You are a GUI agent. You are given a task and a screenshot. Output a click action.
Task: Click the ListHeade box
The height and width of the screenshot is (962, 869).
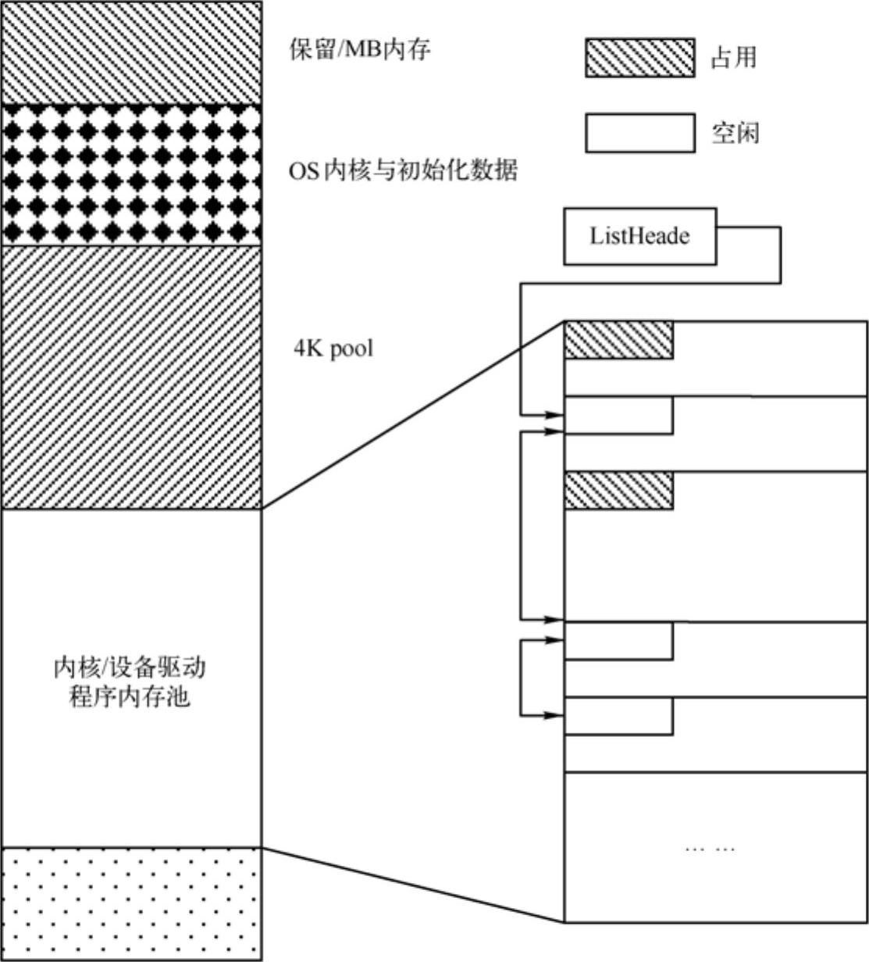pyautogui.click(x=639, y=235)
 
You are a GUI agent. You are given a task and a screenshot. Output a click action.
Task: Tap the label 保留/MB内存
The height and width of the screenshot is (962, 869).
pyautogui.click(x=359, y=50)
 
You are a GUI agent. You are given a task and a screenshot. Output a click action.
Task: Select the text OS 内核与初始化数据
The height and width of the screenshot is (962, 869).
pyautogui.click(x=403, y=170)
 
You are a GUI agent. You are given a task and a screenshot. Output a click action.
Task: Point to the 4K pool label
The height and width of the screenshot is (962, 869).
pyautogui.click(x=333, y=348)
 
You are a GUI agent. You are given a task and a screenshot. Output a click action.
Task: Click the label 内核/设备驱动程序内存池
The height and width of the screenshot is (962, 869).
pyautogui.click(x=130, y=682)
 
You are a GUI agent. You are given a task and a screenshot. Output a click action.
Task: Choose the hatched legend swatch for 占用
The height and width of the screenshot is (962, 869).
pyautogui.click(x=639, y=57)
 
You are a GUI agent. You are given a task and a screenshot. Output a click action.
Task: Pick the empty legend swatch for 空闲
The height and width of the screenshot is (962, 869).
pyautogui.click(x=639, y=133)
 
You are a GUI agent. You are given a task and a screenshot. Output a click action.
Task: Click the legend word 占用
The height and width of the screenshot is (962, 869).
pyautogui.click(x=733, y=57)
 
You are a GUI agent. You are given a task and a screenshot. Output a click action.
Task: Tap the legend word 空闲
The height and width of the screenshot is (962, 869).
pyautogui.click(x=735, y=133)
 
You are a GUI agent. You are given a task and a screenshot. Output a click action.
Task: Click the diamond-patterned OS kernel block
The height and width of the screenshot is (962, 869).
pyautogui.click(x=130, y=175)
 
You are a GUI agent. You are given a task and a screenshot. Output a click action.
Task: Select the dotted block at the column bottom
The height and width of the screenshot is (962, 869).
pyautogui.click(x=130, y=903)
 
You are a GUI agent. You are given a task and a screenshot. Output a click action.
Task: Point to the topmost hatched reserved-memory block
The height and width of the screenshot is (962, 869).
pyautogui.click(x=130, y=52)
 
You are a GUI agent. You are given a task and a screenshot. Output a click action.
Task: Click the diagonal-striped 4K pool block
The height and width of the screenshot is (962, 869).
pyautogui.click(x=130, y=377)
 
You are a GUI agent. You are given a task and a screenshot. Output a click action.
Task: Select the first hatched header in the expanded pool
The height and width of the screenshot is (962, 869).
pyautogui.click(x=618, y=340)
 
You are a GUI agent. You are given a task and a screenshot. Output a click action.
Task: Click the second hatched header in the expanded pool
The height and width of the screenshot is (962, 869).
pyautogui.click(x=618, y=491)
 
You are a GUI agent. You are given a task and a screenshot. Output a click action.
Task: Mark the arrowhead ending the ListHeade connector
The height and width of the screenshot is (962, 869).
pyautogui.click(x=556, y=415)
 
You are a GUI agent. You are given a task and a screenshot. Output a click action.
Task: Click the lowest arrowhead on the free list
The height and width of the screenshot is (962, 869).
pyautogui.click(x=556, y=714)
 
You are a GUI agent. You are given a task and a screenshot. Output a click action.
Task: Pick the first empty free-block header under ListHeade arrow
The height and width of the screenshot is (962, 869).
pyautogui.click(x=618, y=415)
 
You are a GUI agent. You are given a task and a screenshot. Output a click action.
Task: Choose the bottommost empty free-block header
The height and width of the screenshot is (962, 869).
pyautogui.click(x=618, y=715)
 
